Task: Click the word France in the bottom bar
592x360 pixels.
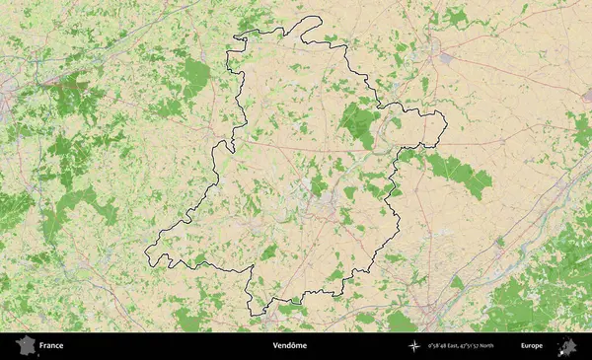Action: [x=51, y=346]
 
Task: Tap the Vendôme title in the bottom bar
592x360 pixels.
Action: [x=290, y=346]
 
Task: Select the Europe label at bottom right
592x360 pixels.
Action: [x=532, y=346]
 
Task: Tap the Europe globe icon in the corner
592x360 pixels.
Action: [x=567, y=346]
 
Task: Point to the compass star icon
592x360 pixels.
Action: [x=414, y=346]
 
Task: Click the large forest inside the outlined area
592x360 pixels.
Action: [x=359, y=122]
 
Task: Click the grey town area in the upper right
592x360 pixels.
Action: [x=445, y=59]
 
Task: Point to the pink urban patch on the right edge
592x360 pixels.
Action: [x=586, y=93]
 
